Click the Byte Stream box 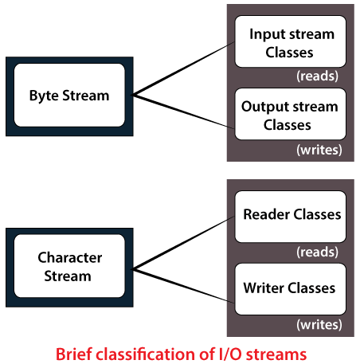(69, 96)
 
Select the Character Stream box (69, 268)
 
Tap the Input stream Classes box (291, 41)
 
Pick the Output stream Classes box (291, 114)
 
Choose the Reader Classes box (291, 217)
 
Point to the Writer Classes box (291, 289)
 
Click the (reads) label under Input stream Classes (318, 76)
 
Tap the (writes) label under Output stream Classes (319, 150)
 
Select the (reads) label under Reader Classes (318, 252)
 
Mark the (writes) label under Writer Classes (319, 325)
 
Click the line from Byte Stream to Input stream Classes (184, 68)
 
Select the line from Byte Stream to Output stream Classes (184, 112)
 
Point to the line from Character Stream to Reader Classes (184, 243)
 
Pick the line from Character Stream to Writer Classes (184, 286)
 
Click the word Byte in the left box (44, 96)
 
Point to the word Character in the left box (70, 257)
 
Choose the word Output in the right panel (260, 108)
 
